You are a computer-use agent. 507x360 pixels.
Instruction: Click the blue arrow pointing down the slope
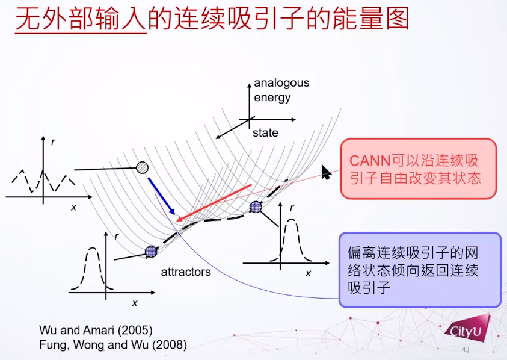tap(161, 196)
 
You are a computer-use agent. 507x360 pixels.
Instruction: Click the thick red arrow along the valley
tap(214, 203)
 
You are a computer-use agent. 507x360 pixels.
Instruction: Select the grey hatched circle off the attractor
tap(142, 168)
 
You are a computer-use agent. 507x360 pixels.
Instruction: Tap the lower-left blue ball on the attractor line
tap(151, 251)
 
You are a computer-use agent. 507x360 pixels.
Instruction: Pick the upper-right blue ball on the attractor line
tap(256, 206)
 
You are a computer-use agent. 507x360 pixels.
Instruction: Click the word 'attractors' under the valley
tap(186, 272)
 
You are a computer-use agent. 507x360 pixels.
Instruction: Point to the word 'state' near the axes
tap(265, 132)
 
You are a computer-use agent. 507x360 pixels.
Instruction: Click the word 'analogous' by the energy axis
tap(281, 83)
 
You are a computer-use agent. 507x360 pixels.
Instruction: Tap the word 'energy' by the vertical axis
tap(272, 98)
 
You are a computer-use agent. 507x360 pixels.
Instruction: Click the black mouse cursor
tap(326, 172)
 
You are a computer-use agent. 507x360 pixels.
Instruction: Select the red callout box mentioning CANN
tap(419, 169)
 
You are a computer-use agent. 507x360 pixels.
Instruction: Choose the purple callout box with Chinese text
tap(420, 270)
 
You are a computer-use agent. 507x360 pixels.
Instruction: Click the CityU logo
tap(467, 327)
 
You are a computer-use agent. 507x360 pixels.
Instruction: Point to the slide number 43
tap(466, 349)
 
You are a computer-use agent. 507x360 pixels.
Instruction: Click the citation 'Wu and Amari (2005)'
tap(96, 330)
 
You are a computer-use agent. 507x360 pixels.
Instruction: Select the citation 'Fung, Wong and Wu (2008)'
tap(113, 344)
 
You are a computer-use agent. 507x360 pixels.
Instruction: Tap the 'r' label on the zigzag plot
tap(53, 141)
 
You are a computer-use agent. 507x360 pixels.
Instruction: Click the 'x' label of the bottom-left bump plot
tap(135, 303)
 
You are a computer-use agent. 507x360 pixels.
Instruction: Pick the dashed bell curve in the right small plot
tap(292, 241)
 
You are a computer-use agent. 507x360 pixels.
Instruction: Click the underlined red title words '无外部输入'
tap(81, 19)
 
